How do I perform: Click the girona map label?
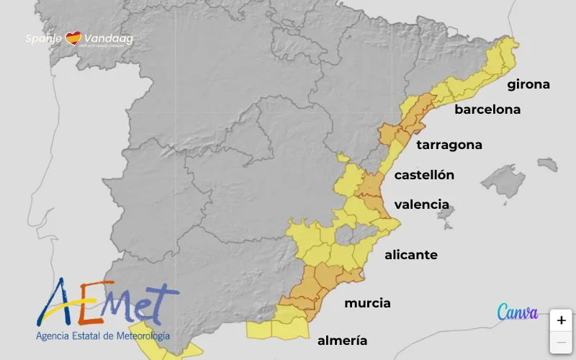(x=528, y=85)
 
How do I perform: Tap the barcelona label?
(x=487, y=110)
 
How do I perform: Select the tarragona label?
(x=449, y=145)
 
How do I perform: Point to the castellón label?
(x=424, y=175)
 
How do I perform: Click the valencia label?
(x=421, y=204)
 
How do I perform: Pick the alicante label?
(x=410, y=255)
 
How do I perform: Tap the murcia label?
(x=367, y=303)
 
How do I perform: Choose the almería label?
(x=342, y=341)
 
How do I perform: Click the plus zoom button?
(x=562, y=321)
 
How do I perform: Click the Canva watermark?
(x=517, y=312)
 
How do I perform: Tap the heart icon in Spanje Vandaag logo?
(x=73, y=38)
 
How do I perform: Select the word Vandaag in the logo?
(x=108, y=38)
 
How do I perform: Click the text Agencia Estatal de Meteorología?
(x=103, y=336)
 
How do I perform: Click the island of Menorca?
(x=548, y=164)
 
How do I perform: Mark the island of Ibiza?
(x=446, y=217)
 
